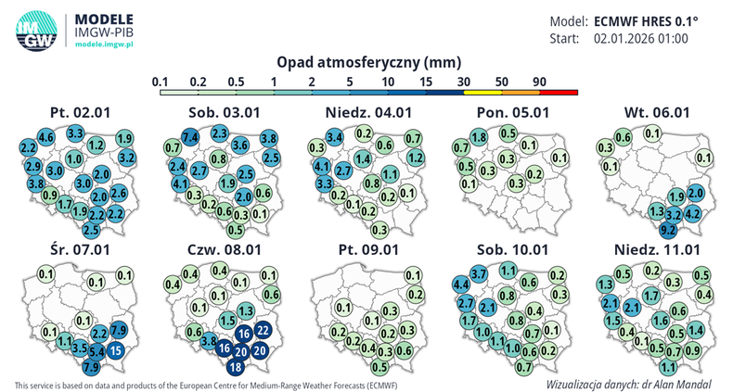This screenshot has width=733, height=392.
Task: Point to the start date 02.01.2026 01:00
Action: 640,39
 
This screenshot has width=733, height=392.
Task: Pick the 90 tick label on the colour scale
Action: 539,82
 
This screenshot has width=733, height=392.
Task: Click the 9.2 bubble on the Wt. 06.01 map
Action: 667,228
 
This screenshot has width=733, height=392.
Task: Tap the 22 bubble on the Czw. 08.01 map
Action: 264,330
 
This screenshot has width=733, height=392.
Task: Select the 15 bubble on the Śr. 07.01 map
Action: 116,350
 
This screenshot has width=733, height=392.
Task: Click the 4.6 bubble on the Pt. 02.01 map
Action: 46,138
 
